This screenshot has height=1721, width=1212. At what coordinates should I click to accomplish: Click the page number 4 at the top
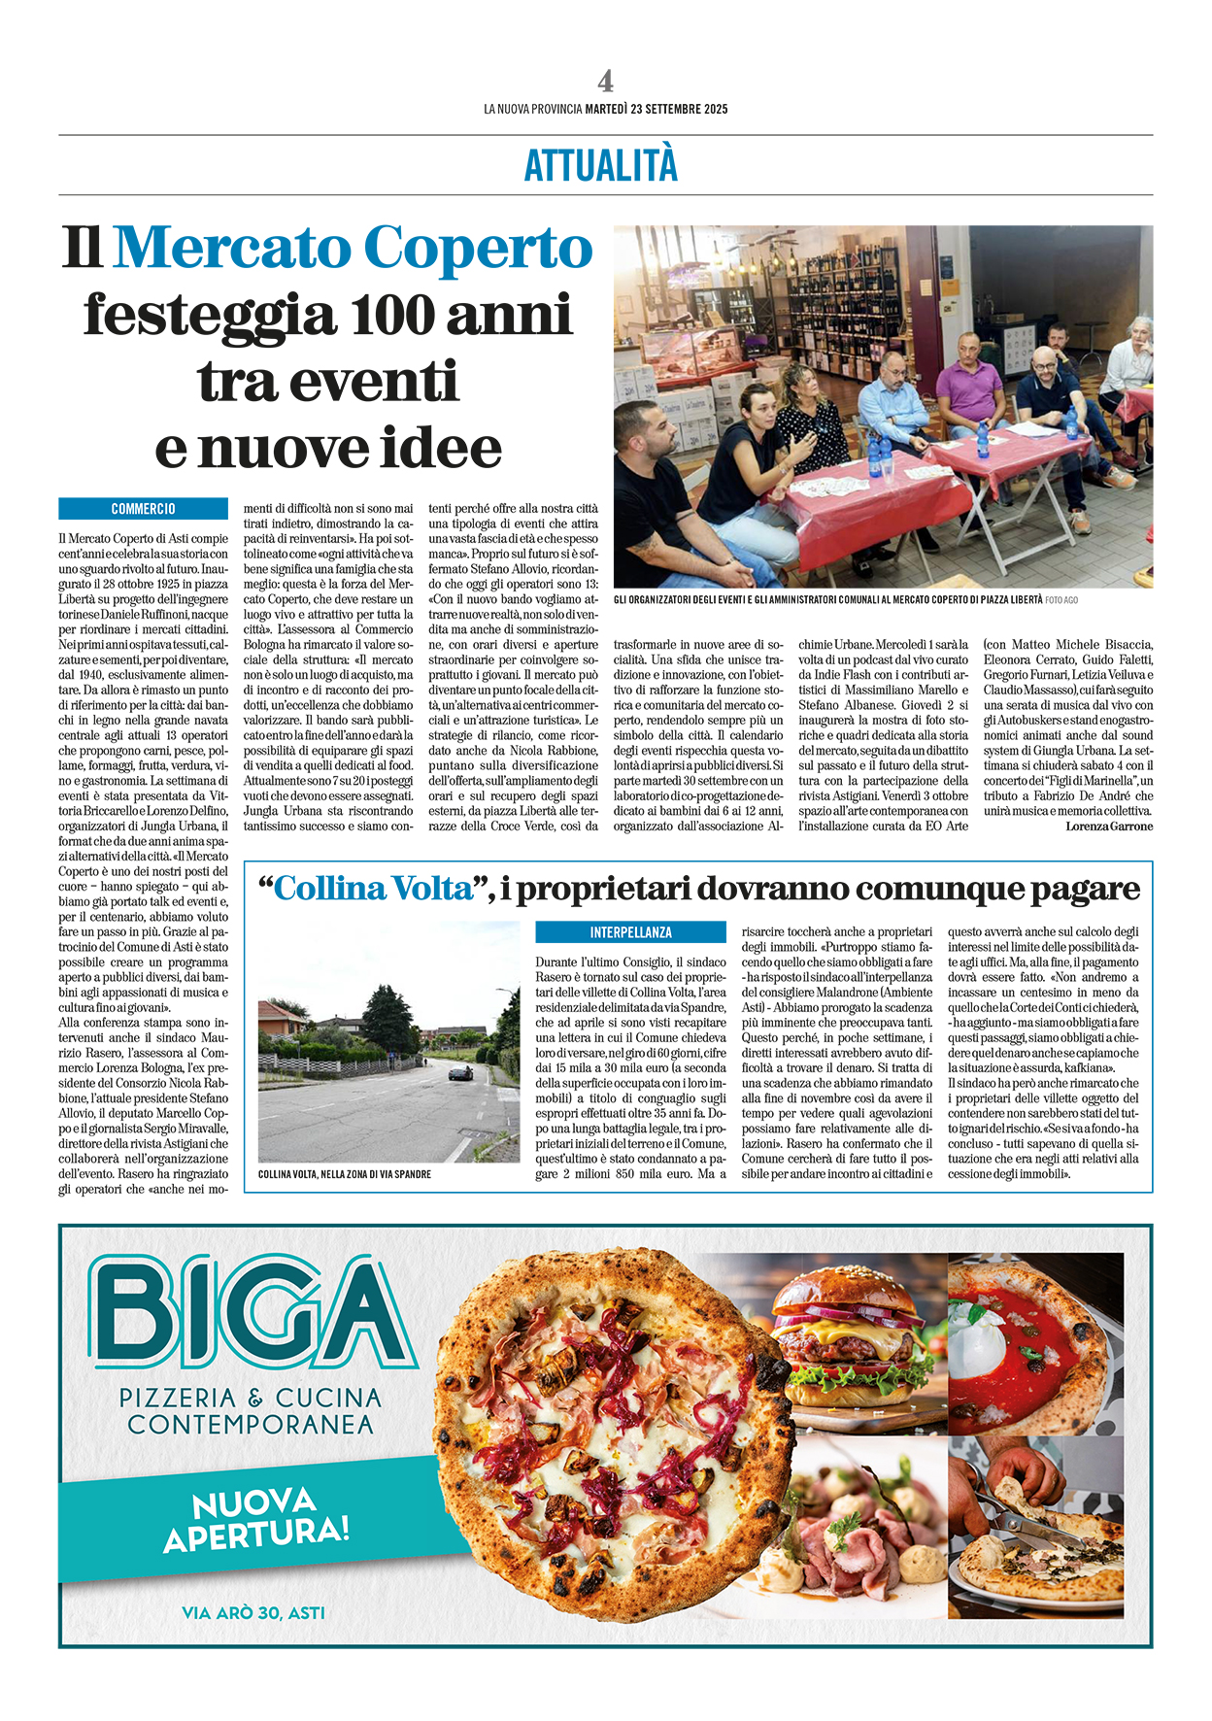[x=605, y=81]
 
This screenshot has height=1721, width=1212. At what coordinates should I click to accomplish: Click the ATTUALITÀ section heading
[x=601, y=165]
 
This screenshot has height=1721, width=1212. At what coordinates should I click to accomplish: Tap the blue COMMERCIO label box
[x=143, y=509]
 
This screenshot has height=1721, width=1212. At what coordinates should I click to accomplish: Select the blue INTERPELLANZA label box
[x=630, y=932]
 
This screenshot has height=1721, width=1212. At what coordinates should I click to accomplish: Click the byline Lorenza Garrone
[x=1109, y=827]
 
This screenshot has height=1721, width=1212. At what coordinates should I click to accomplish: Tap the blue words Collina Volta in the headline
[x=372, y=889]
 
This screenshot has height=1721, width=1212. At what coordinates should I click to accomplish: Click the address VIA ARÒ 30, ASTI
[x=253, y=1613]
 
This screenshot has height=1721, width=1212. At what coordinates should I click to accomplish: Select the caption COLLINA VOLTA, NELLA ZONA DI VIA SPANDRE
[x=345, y=1174]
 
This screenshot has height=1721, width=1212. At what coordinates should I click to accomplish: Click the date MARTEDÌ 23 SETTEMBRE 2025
[x=656, y=110]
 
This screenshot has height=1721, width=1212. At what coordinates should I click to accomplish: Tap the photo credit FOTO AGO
[x=1061, y=600]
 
